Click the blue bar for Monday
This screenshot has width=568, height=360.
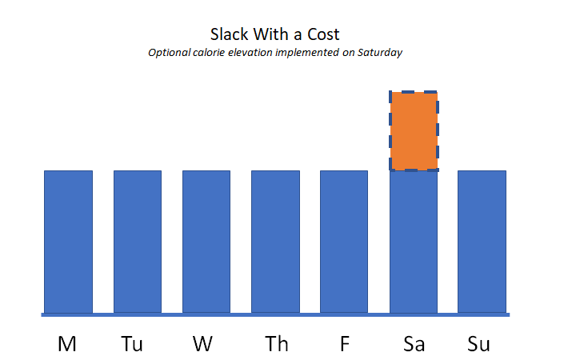coord(68,241)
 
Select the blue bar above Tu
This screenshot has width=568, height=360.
coord(137,241)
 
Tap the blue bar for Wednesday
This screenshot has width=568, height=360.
coord(206,241)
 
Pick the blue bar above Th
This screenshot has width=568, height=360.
coord(275,241)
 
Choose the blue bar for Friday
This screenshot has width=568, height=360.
coord(344,241)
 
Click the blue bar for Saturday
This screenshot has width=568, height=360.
coord(413,241)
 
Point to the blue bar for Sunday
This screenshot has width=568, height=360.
coord(482,241)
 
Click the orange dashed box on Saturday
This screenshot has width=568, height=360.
coord(413,130)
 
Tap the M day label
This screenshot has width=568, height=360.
coord(67,344)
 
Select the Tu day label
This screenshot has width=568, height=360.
coord(133,344)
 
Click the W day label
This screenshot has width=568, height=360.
coord(203,344)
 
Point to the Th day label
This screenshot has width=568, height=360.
coord(277,344)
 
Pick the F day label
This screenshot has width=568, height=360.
coord(345,344)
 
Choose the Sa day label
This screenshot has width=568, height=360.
coord(414,344)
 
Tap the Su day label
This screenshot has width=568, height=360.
coord(478,344)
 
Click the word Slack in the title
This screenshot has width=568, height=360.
coord(229,34)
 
